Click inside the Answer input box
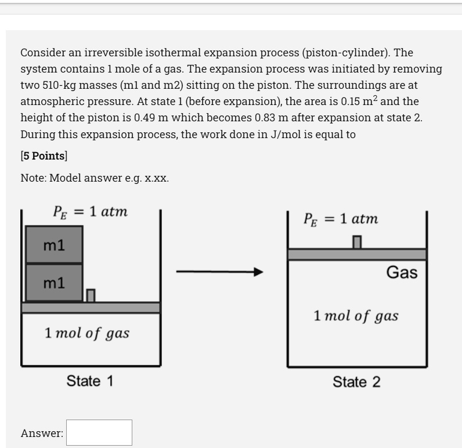tap(99, 432)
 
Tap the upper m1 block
tap(54, 245)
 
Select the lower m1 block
tap(54, 283)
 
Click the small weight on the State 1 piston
tap(91, 295)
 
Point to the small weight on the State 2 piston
tap(357, 242)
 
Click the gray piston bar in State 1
tap(91, 308)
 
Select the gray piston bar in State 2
tap(357, 254)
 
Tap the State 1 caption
tap(90, 381)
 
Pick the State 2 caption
tap(356, 382)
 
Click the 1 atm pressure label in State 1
tap(90, 212)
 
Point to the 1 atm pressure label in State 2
tap(341, 219)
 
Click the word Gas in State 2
tap(402, 272)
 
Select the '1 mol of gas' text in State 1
tap(87, 333)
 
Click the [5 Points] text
tap(44, 156)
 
